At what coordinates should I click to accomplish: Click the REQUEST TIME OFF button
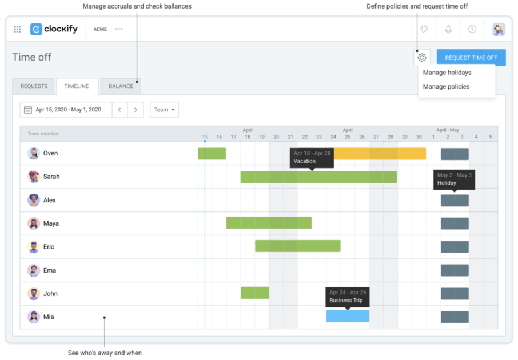pyautogui.click(x=471, y=58)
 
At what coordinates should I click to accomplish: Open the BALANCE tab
pyautogui.click(x=121, y=86)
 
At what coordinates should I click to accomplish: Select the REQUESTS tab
pyautogui.click(x=34, y=86)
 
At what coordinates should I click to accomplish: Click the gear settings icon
pyautogui.click(x=422, y=58)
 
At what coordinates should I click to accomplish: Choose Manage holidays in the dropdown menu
pyautogui.click(x=447, y=73)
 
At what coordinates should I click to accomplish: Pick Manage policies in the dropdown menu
pyautogui.click(x=446, y=87)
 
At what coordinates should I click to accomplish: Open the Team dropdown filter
pyautogui.click(x=164, y=110)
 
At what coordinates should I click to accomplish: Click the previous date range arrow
pyautogui.click(x=119, y=110)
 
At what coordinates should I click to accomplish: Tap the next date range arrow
pyautogui.click(x=136, y=110)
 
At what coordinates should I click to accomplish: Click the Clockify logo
pyautogui.click(x=54, y=29)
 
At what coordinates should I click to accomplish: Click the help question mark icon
pyautogui.click(x=472, y=29)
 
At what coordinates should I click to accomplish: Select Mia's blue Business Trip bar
pyautogui.click(x=348, y=316)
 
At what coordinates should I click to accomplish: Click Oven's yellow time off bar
pyautogui.click(x=380, y=154)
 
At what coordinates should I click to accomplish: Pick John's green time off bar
pyautogui.click(x=254, y=293)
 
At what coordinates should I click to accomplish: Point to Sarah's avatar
pyautogui.click(x=34, y=177)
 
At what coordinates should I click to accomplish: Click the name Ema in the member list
pyautogui.click(x=50, y=270)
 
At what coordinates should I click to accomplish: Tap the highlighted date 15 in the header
pyautogui.click(x=205, y=137)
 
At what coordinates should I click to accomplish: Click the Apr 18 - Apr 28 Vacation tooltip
pyautogui.click(x=312, y=157)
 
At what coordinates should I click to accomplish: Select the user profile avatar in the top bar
pyautogui.click(x=499, y=29)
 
